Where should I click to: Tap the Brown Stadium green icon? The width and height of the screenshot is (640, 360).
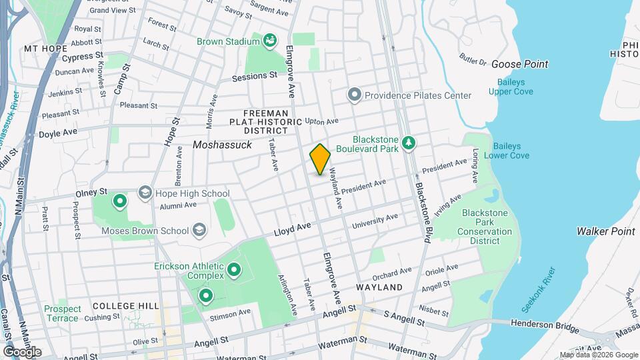[270, 41]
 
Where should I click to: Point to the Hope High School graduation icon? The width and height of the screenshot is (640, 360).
[144, 193]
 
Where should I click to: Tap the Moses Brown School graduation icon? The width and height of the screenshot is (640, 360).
[198, 231]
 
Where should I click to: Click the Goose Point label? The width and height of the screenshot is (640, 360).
[519, 64]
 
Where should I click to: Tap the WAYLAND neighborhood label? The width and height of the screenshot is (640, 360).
[379, 287]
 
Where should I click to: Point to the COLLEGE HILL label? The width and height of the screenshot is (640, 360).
[126, 305]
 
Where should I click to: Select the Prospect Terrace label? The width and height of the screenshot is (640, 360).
[63, 313]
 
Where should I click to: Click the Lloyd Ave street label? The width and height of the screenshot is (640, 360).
[293, 230]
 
